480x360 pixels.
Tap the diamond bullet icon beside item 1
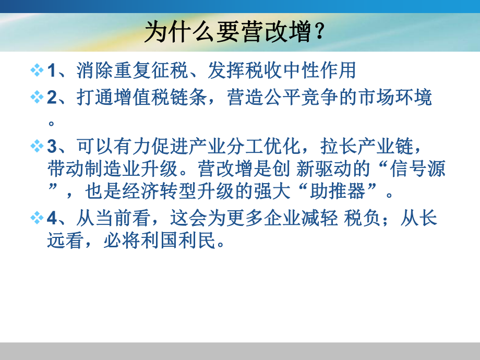[x=37, y=70]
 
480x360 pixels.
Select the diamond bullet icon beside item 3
[x=37, y=146]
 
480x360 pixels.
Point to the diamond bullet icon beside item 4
[x=37, y=219]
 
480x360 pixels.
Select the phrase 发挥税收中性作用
[x=282, y=70]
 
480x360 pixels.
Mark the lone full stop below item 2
[x=52, y=123]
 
